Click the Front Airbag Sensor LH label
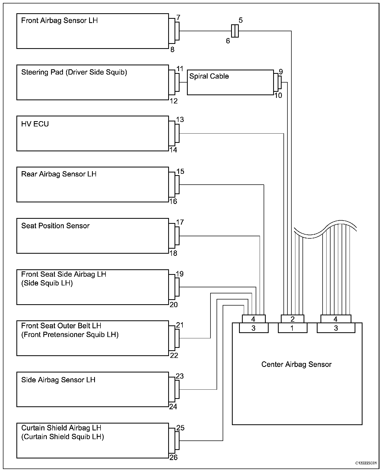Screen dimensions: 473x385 click(x=59, y=21)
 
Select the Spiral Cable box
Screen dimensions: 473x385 click(x=230, y=82)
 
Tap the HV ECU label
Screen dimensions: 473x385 click(x=35, y=124)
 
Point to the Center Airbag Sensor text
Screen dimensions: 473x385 click(x=296, y=364)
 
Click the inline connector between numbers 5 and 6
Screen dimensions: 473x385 click(x=235, y=31)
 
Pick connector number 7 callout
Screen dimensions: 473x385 click(x=178, y=18)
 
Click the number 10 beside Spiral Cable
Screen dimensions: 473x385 click(x=278, y=95)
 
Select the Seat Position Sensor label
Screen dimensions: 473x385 click(x=55, y=226)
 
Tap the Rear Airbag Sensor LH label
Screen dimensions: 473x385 click(x=59, y=174)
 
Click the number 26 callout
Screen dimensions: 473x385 click(x=173, y=457)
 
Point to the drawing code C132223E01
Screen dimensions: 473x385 click(x=366, y=463)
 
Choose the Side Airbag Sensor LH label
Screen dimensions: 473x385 click(x=58, y=380)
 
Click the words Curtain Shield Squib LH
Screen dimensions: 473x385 click(x=62, y=437)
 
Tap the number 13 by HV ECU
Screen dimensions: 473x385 click(x=180, y=120)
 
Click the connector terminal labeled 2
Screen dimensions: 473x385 click(x=292, y=319)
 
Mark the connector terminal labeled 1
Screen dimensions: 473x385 click(x=292, y=328)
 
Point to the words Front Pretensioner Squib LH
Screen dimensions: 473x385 click(x=70, y=335)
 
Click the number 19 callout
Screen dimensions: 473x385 click(x=180, y=274)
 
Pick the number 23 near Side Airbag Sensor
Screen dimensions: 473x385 click(x=180, y=376)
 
